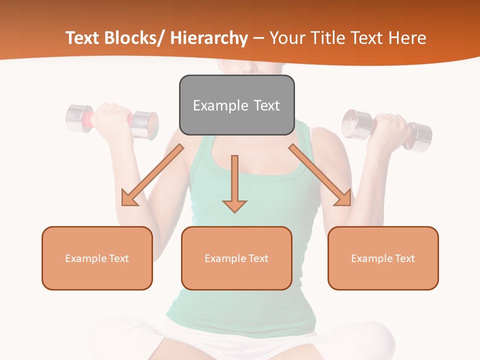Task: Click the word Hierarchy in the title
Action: pyautogui.click(x=209, y=38)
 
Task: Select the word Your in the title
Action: pyautogui.click(x=286, y=38)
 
